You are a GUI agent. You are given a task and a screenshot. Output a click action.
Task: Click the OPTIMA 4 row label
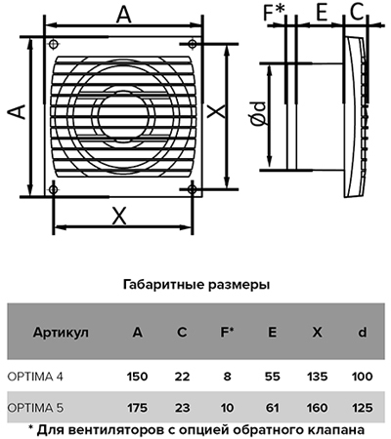35,377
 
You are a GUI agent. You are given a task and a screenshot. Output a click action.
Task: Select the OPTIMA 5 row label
35,408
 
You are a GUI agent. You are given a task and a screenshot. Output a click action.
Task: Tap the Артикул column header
61,333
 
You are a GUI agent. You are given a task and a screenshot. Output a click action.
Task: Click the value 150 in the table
137,377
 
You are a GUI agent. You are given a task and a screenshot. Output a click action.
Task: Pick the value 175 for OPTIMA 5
137,408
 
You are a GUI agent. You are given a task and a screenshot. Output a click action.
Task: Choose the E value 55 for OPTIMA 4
272,377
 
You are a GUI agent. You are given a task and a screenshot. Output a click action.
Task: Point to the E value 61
272,408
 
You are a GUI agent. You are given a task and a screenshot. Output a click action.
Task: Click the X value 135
317,377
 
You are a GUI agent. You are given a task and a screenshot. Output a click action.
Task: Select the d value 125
362,408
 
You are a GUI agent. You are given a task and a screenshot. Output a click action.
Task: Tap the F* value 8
227,377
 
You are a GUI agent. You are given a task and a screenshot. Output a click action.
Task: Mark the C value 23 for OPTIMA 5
182,408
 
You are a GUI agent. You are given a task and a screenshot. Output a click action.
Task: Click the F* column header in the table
227,332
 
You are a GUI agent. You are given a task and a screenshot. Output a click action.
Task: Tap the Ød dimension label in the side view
259,113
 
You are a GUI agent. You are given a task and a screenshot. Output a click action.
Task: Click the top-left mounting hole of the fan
54,44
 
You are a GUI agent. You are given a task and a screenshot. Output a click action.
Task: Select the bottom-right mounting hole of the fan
192,189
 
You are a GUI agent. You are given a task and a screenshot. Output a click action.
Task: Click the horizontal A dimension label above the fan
124,15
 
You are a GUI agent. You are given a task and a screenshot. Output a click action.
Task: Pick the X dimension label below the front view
119,217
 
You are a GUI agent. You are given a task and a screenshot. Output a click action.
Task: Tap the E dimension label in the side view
322,13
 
